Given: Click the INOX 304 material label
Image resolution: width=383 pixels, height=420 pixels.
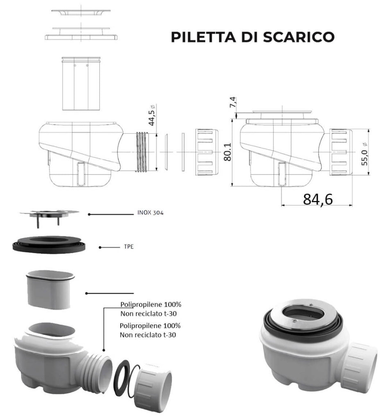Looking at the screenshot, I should (x=150, y=214).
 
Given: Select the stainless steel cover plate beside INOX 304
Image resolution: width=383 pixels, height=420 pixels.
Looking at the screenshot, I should (x=48, y=214).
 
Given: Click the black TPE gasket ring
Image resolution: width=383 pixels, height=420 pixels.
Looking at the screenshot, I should (x=49, y=244).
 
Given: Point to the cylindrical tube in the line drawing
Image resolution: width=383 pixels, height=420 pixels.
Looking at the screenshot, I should (x=80, y=84).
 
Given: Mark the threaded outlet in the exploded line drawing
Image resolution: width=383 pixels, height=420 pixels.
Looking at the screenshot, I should (x=144, y=152).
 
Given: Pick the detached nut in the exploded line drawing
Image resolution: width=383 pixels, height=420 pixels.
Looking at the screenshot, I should (x=206, y=152).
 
